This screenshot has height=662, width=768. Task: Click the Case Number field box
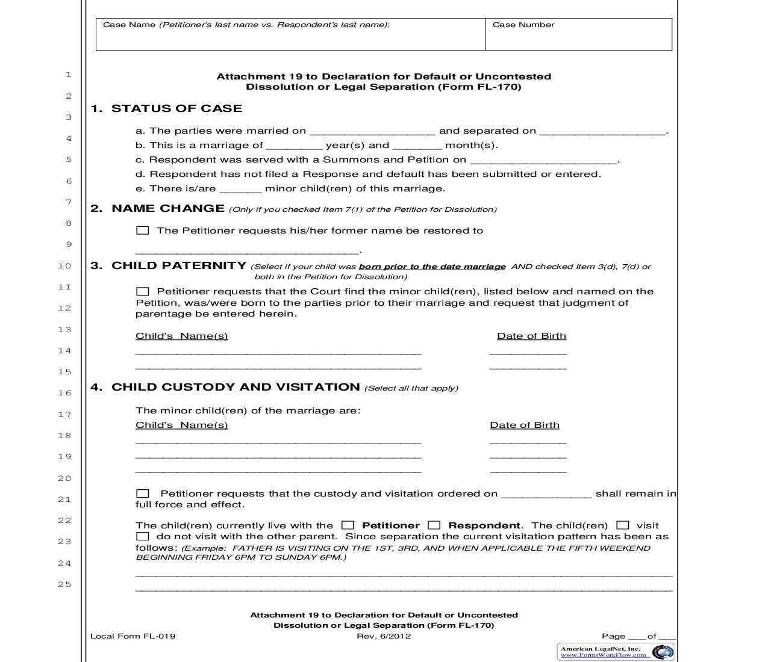tap(578, 35)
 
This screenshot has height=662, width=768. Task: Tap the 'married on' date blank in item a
tap(372, 132)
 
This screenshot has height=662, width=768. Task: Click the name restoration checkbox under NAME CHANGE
tap(142, 230)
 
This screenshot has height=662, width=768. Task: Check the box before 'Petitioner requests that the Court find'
tap(142, 291)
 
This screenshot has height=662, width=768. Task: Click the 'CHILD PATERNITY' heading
tap(179, 266)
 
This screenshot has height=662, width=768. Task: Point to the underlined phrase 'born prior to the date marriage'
tap(432, 267)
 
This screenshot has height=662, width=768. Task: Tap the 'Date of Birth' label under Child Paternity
tap(531, 336)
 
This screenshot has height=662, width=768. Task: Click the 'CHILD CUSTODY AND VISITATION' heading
tap(236, 388)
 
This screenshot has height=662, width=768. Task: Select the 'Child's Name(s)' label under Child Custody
tap(181, 425)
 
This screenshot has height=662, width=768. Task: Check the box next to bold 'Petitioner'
tap(348, 525)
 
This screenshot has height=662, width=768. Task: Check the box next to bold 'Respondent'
tap(434, 525)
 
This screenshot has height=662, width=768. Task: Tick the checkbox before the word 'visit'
tap(623, 525)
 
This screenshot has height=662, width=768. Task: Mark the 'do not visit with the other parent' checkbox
tap(142, 536)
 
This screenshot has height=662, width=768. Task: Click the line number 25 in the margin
tap(64, 584)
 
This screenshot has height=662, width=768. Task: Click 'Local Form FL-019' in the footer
tap(133, 636)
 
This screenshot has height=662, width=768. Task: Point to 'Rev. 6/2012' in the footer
tap(384, 636)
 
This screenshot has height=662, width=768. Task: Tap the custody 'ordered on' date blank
tap(546, 495)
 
